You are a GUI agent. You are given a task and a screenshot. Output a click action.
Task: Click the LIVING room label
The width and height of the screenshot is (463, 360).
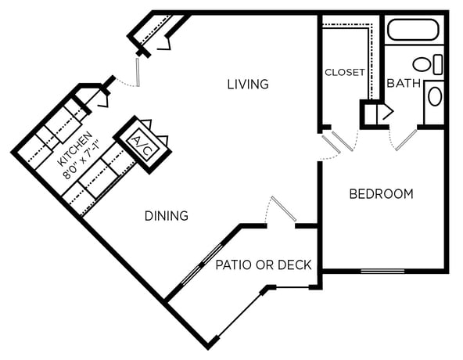tap(248, 85)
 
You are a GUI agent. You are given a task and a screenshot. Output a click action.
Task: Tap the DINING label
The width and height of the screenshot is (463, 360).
tap(167, 216)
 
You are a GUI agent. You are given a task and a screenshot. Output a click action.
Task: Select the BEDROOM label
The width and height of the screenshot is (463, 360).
tap(381, 194)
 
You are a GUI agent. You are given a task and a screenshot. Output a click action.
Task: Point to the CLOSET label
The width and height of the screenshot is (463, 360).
tap(345, 72)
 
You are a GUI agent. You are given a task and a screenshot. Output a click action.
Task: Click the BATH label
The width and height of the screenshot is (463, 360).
tap(404, 84)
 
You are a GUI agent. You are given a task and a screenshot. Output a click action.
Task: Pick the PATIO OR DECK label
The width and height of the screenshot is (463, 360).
tap(264, 265)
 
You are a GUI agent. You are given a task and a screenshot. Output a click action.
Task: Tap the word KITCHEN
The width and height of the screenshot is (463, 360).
tap(75, 149)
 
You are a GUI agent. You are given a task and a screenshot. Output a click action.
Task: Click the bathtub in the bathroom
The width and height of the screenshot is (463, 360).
tap(413, 30)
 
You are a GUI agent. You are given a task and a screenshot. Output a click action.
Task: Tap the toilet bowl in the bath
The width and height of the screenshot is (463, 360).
tap(422, 64)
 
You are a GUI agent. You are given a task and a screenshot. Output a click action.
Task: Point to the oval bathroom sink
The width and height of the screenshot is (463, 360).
tap(435, 96)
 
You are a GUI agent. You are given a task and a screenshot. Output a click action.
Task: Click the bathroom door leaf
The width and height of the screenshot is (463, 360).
tap(407, 140)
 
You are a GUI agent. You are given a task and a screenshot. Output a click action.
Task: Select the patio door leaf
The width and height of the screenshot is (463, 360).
tap(284, 209)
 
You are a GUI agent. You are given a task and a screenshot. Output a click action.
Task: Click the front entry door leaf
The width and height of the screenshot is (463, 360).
tap(138, 73)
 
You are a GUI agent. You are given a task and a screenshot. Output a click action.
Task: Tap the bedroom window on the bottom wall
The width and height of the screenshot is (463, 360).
tap(382, 271)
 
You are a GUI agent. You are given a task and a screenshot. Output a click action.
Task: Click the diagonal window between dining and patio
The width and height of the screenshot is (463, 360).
tap(202, 265)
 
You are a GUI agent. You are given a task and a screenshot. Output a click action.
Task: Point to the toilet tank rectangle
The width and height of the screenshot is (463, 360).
tap(438, 64)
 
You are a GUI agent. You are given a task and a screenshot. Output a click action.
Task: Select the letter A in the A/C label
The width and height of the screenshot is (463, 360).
tap(136, 139)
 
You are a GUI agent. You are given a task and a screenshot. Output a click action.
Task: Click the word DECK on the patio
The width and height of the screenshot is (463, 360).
tap(295, 265)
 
